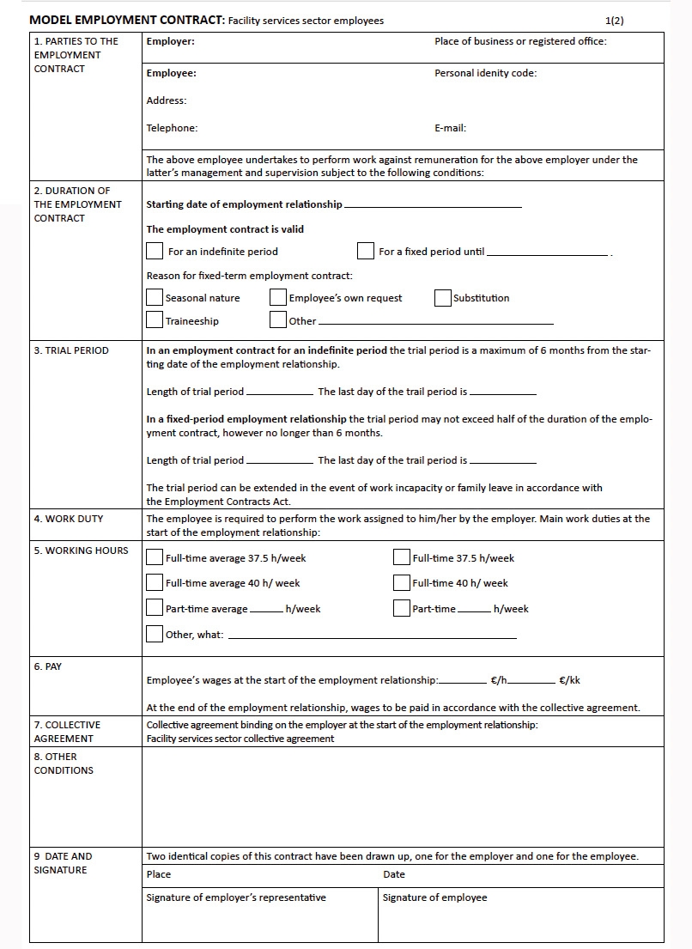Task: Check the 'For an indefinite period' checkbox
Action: (155, 252)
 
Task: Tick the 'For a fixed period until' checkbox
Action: (366, 252)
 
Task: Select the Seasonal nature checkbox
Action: (155, 298)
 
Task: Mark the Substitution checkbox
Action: (443, 298)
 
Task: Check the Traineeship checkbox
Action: (155, 320)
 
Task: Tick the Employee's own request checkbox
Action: (278, 298)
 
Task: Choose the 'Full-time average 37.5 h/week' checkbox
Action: (155, 557)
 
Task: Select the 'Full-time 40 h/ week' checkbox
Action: (402, 582)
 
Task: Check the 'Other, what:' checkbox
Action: (155, 634)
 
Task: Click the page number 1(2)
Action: (615, 21)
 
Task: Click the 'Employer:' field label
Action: (170, 41)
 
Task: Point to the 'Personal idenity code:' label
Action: (485, 73)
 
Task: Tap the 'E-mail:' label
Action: (450, 128)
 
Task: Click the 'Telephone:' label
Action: (172, 128)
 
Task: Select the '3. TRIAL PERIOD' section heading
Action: (71, 350)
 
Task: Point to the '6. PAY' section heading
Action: (48, 666)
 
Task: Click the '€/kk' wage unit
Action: (569, 680)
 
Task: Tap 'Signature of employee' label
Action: (434, 897)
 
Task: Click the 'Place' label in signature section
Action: (159, 874)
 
